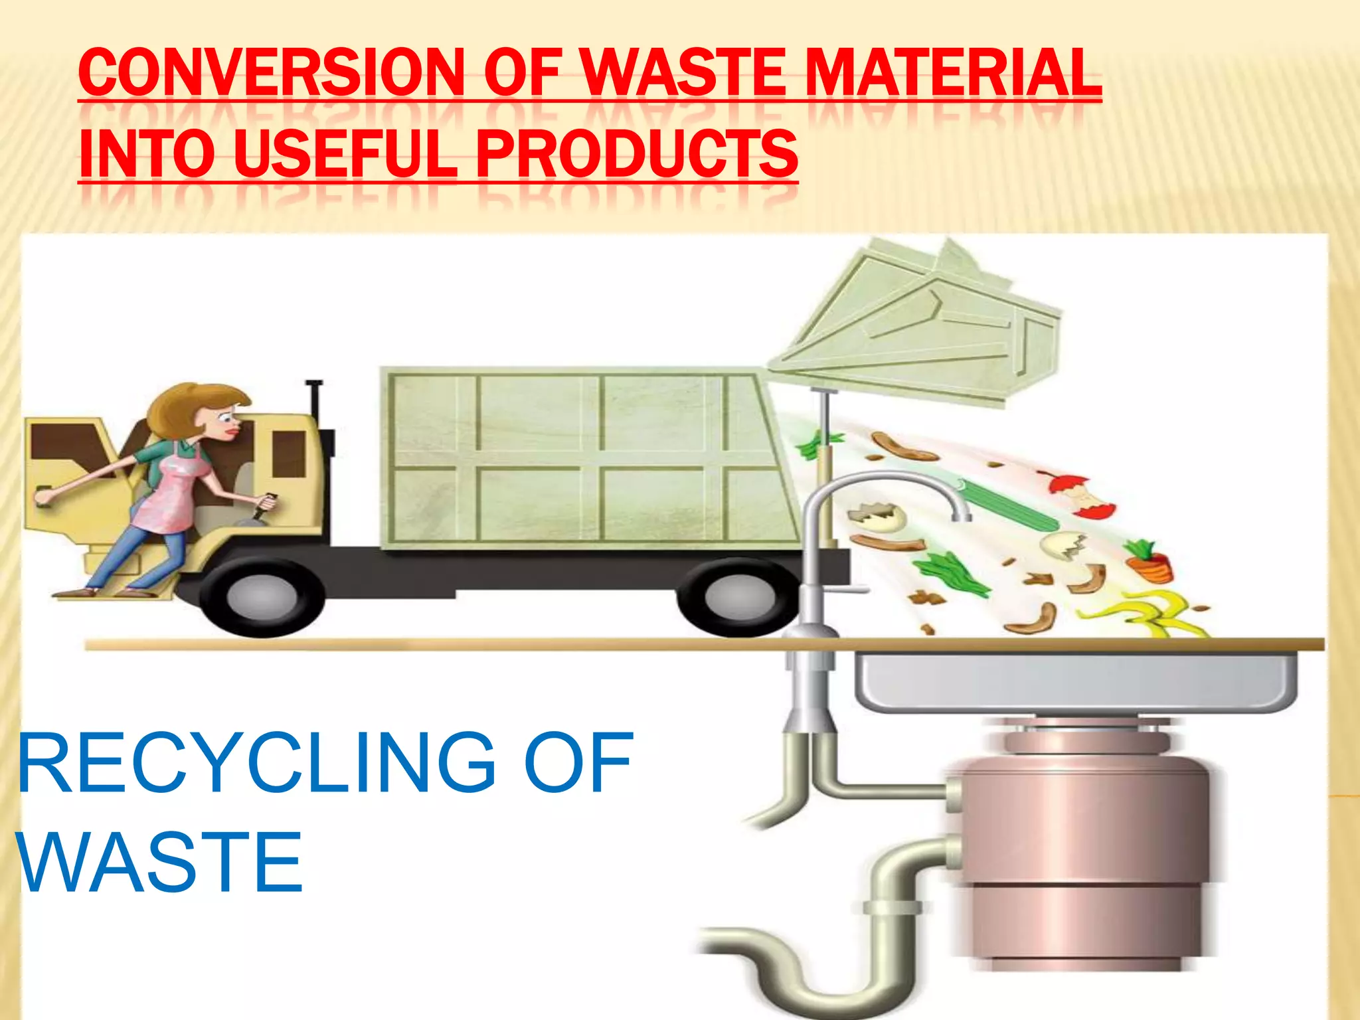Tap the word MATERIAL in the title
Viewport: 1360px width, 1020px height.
pos(953,74)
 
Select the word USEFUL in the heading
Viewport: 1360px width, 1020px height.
pos(345,153)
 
